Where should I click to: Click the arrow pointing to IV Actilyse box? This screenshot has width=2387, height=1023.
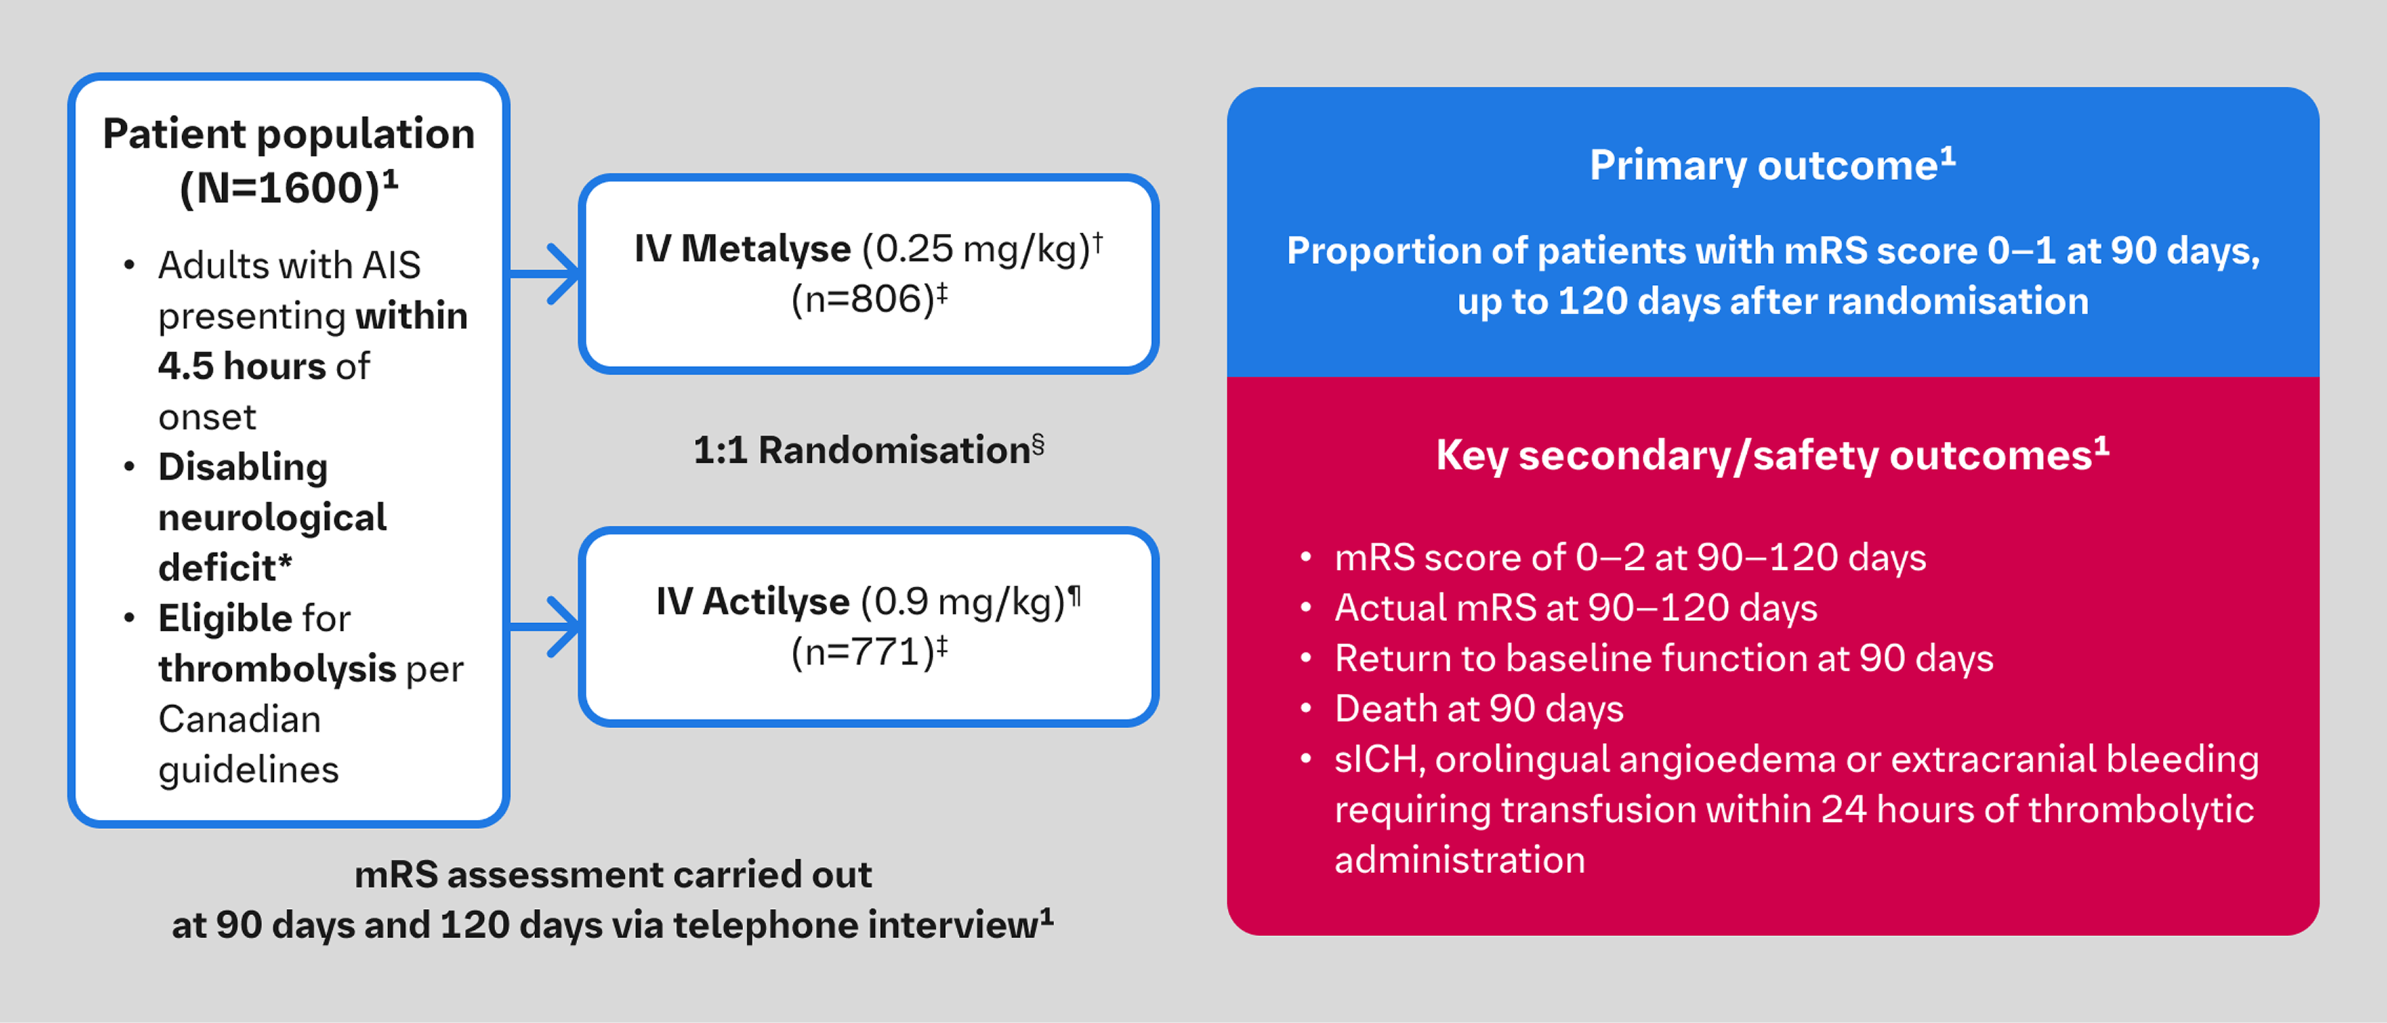547,627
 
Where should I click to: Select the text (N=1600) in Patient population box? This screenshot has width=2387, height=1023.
281,188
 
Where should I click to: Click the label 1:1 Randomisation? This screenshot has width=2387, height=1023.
862,450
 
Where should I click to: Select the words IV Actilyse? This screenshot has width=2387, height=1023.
752,601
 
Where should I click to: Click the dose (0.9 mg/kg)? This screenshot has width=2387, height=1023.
964,601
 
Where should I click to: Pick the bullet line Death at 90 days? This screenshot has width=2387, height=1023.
1478,709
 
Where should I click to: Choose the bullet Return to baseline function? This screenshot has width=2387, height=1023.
1663,659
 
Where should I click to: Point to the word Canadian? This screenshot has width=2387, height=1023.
239,720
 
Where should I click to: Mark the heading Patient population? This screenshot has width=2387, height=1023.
288,134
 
